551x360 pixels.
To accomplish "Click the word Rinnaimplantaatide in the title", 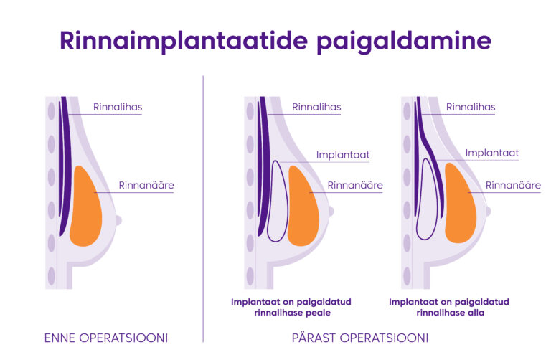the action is tap(184, 41).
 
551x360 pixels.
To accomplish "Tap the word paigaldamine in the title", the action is tap(404, 42).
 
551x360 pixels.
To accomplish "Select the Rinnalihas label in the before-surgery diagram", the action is tap(118, 107).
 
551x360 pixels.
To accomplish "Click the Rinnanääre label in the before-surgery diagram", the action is tap(146, 185).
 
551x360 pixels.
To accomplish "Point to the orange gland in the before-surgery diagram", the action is tap(86, 206).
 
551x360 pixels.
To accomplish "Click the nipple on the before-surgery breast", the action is tap(119, 221).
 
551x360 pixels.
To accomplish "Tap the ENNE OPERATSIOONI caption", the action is tap(106, 338).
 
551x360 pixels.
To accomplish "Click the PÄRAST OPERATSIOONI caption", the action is tap(360, 338).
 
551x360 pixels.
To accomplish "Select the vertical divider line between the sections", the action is tap(203, 209).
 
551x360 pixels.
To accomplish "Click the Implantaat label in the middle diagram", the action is tap(343, 155).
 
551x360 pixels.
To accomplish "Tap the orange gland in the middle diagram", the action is tap(303, 206).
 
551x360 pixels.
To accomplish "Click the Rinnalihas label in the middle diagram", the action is tap(316, 107).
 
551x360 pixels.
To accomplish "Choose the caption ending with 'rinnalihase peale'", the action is tap(291, 308).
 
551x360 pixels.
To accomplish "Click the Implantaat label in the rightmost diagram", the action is tap(492, 153).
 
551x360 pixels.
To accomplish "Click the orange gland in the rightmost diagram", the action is tap(461, 203).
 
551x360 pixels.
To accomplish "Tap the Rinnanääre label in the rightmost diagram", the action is tap(513, 185).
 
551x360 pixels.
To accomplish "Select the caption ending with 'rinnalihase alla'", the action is tap(449, 308).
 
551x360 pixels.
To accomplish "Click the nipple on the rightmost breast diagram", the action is tap(488, 211).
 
